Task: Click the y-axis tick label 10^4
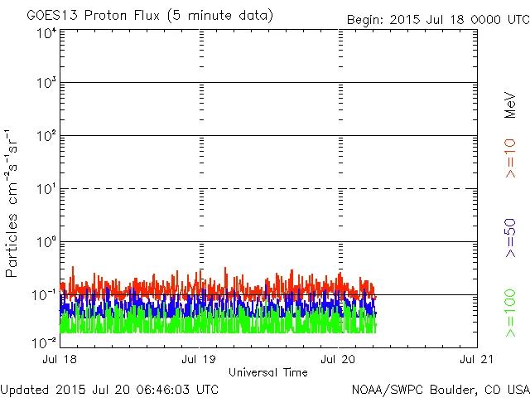tap(46, 33)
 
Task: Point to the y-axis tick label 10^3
tap(46, 83)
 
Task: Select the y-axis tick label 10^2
tap(46, 135)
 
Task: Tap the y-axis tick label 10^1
tap(46, 188)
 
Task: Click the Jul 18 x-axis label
tap(60, 360)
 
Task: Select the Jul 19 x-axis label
tap(199, 360)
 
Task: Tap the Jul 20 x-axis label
tap(338, 360)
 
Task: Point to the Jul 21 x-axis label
tap(477, 360)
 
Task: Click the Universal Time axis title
tap(268, 372)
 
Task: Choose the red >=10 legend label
tap(510, 158)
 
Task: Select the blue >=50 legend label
tap(510, 237)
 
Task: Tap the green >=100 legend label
tap(510, 313)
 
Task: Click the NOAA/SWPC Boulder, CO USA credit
tap(440, 389)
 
